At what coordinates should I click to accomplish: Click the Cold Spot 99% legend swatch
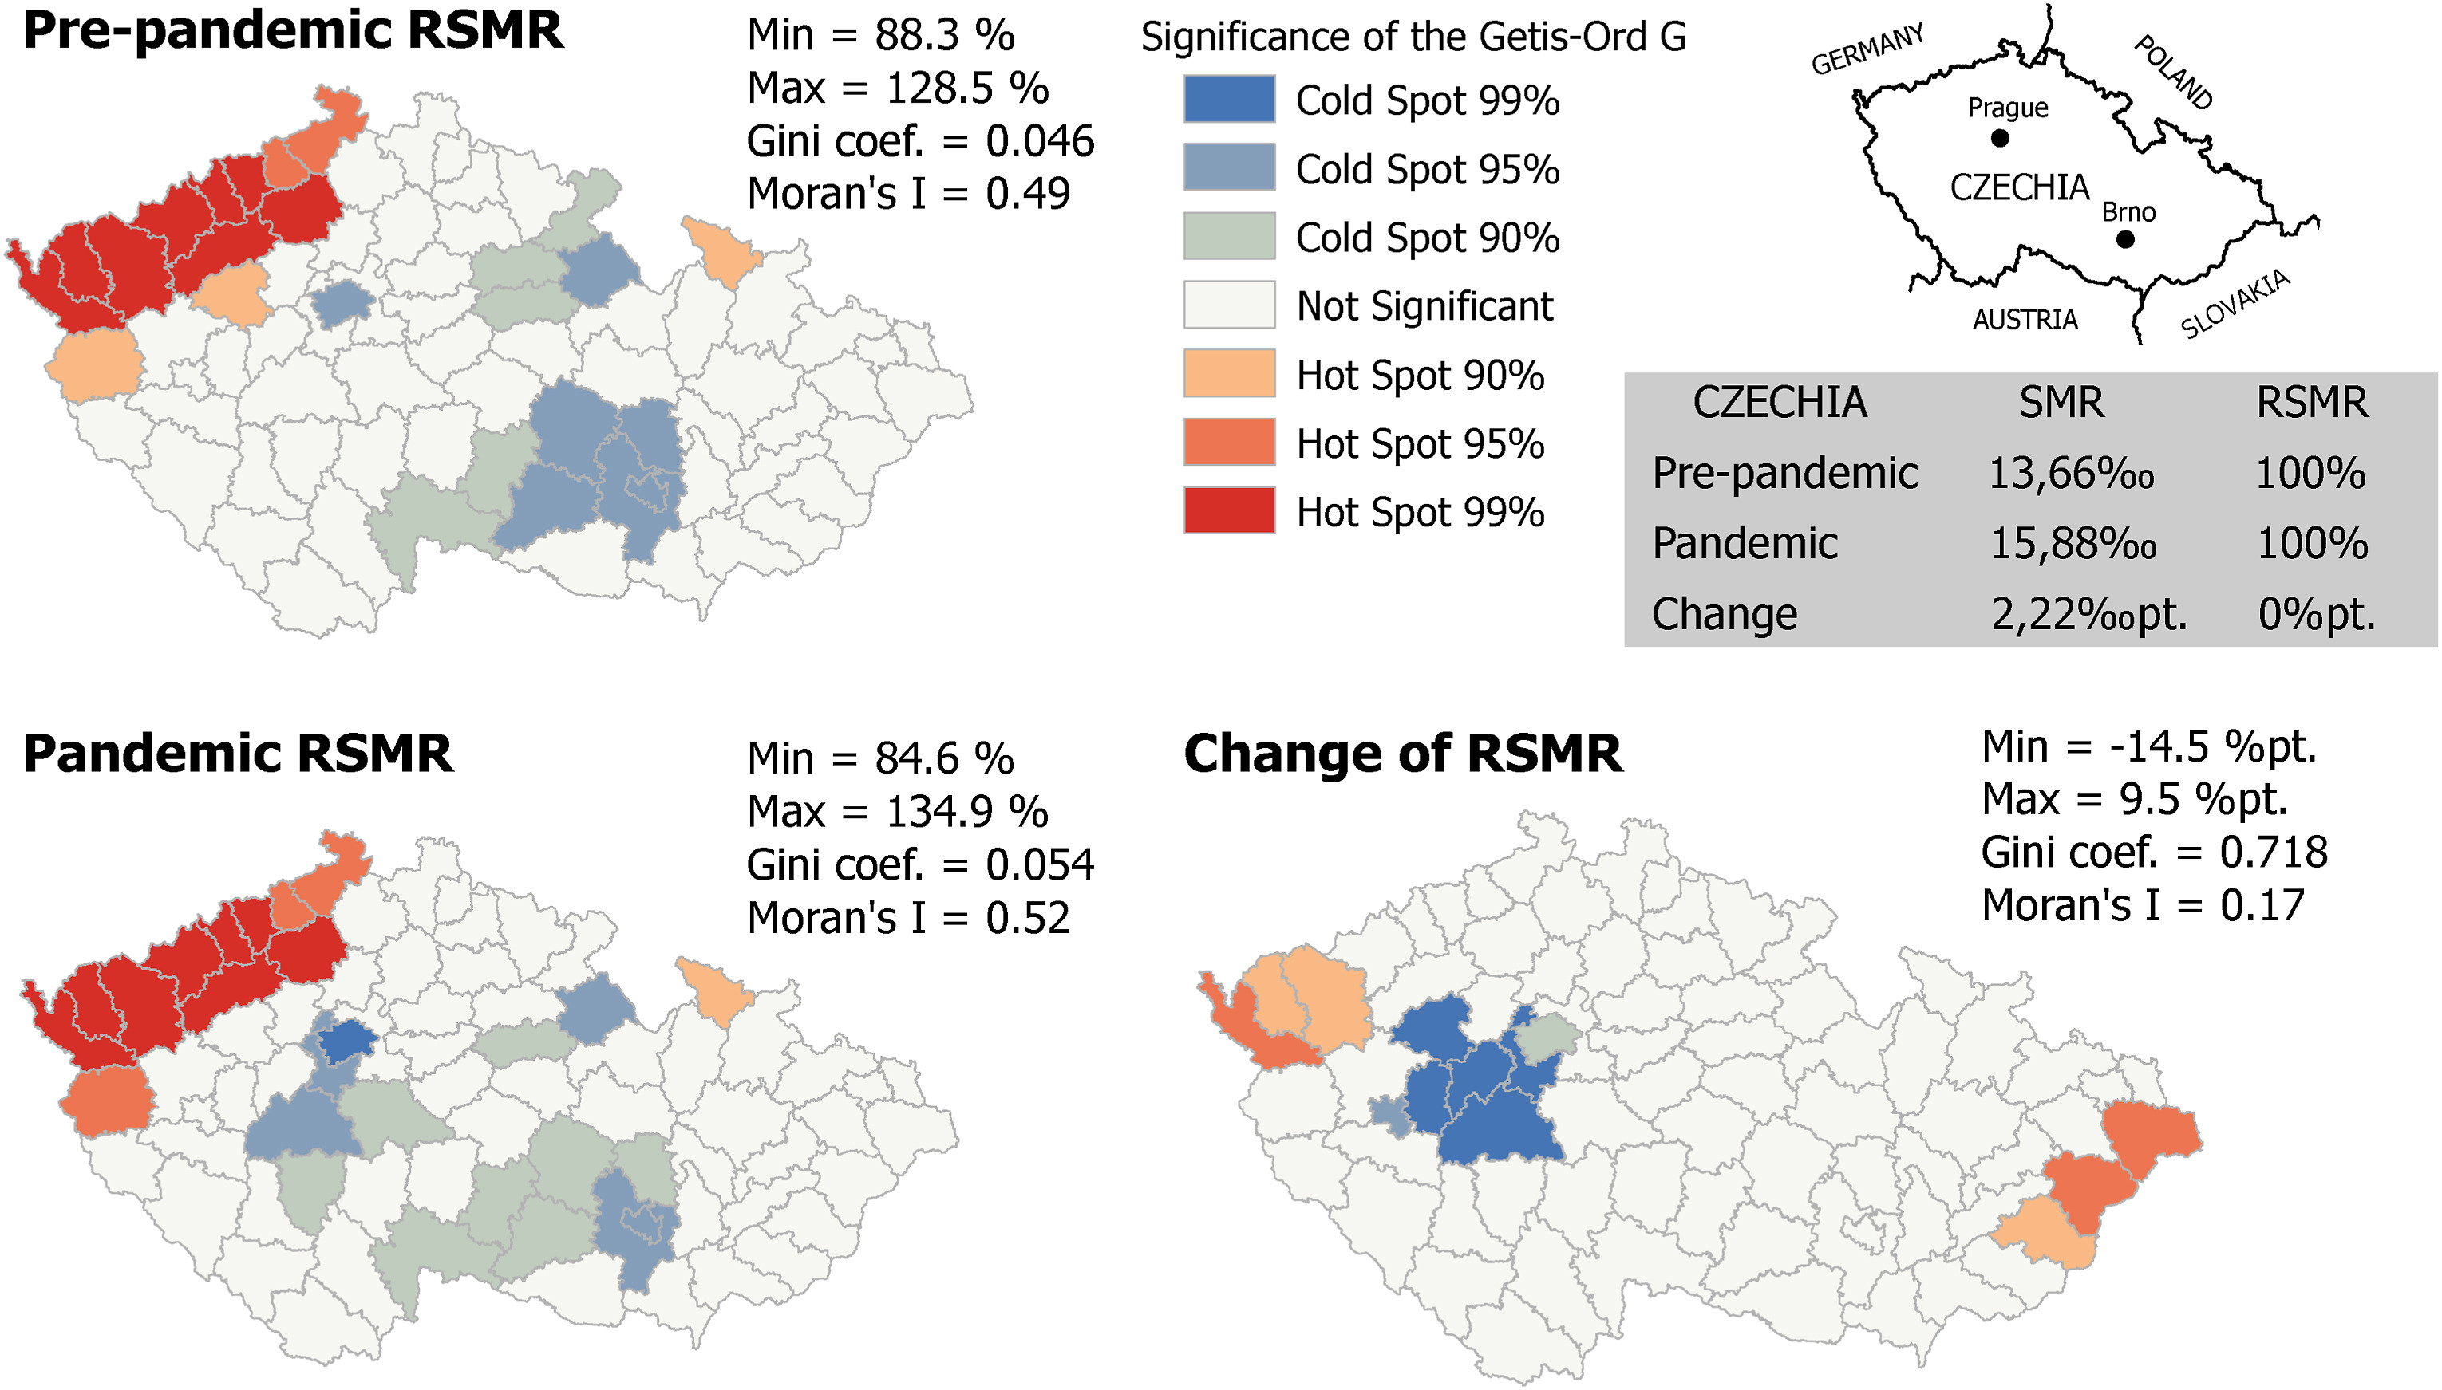pos(1228,99)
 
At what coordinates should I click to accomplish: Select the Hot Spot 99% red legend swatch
pos(1228,510)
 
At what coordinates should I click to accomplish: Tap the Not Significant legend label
pos(1424,306)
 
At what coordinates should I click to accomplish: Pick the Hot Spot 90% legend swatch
pos(1228,373)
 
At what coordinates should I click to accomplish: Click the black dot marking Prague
pos(1999,139)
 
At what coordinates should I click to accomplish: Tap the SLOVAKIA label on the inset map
pos(2235,304)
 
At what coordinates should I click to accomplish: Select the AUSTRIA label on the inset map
pos(2025,319)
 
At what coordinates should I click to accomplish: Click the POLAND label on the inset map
pos(2174,73)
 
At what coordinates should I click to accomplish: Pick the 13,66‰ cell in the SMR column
pos(2070,474)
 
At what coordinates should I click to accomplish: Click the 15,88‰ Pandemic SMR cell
pos(2073,544)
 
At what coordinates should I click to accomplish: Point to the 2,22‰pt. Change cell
pos(2088,615)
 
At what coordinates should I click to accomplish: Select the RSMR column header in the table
pos(2311,403)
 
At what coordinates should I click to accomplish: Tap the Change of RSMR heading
pos(1402,754)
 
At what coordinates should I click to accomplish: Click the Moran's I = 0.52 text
pos(907,917)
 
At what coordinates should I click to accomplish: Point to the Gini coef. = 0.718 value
pos(2154,853)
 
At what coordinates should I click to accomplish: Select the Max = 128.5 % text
pos(897,88)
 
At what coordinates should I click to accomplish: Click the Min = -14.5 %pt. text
pos(2149,746)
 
